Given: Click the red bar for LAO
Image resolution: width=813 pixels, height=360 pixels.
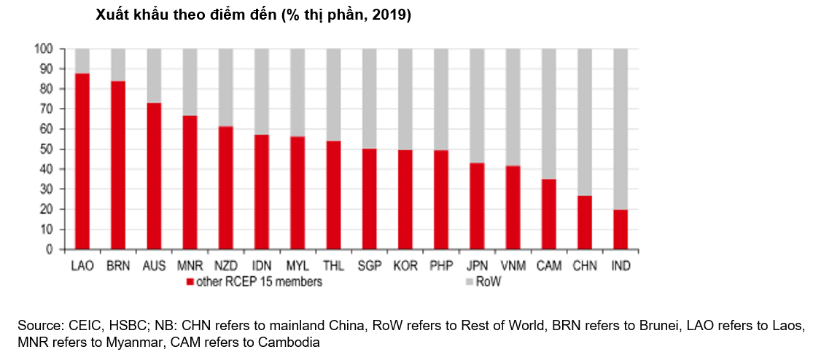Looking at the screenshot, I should coord(82,160).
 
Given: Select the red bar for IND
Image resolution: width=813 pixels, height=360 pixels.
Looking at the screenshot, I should coord(621,230).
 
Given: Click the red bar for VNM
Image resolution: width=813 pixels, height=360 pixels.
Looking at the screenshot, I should coord(513,208).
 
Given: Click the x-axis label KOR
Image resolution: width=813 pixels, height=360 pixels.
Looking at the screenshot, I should coord(405,267).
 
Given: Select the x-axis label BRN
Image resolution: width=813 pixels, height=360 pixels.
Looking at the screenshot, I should coord(118,267).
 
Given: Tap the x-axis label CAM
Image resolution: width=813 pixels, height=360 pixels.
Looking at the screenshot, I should coord(549,267).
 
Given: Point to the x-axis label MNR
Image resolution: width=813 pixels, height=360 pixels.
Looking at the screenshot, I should coord(190,267).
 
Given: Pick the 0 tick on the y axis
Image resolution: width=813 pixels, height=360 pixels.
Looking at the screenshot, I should coord(49,249).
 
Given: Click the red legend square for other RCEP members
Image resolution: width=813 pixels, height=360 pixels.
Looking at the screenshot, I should coord(190,282).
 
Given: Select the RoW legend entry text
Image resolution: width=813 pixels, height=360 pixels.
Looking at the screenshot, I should coord(489,282).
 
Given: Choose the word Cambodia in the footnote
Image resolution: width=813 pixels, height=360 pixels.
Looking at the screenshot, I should coord(292,341).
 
